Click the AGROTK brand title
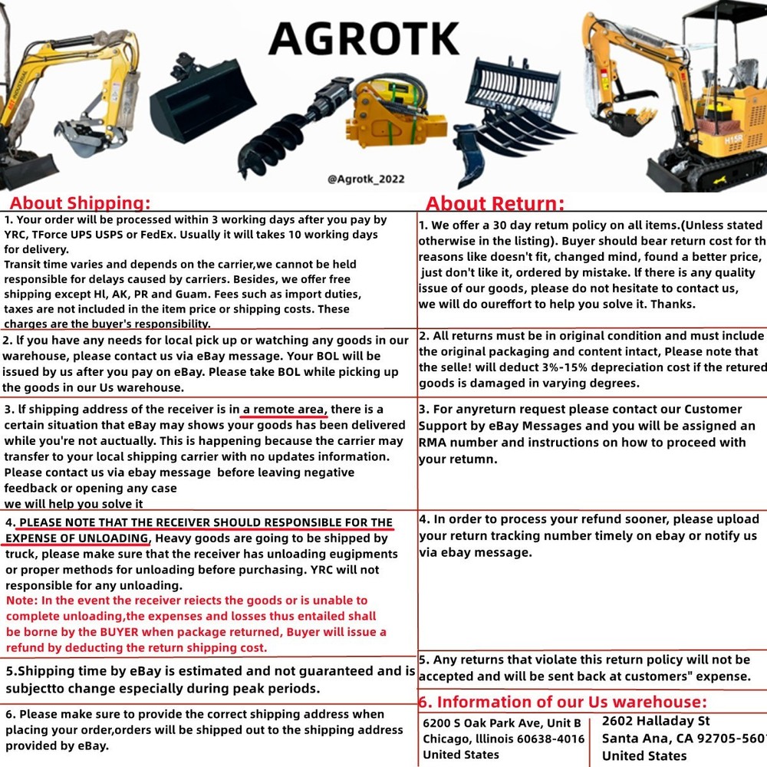(364, 38)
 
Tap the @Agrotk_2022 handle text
(366, 179)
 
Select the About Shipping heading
(80, 203)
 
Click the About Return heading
(495, 204)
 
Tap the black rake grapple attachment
(510, 115)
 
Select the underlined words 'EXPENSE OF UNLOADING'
(77, 538)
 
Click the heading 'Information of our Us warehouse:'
(563, 702)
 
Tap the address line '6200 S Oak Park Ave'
(502, 723)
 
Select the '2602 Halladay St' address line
(656, 721)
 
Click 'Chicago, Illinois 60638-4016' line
(503, 739)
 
